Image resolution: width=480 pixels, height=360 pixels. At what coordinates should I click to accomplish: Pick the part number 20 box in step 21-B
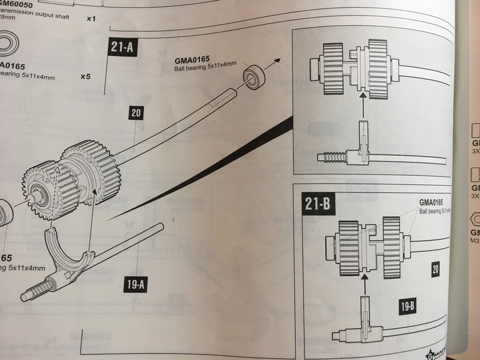coord(436,270)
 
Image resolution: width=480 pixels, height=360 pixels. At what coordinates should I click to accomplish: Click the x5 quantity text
coord(86,77)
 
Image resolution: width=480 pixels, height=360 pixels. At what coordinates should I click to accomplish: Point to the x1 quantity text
coord(91,19)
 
